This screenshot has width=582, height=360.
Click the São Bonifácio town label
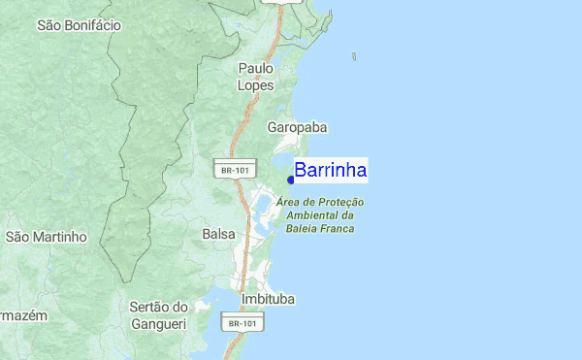point(79,25)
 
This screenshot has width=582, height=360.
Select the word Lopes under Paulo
point(257,85)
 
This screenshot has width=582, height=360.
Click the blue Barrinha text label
point(331,171)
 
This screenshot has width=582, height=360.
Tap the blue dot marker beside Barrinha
point(291,179)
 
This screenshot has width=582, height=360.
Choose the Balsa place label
point(218,234)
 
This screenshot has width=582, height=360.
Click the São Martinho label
point(47,237)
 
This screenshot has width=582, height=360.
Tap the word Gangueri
point(158,323)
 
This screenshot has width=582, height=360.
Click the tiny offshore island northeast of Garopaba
point(354,57)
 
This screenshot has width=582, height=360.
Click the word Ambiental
point(307,215)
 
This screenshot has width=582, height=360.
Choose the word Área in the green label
point(287,202)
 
